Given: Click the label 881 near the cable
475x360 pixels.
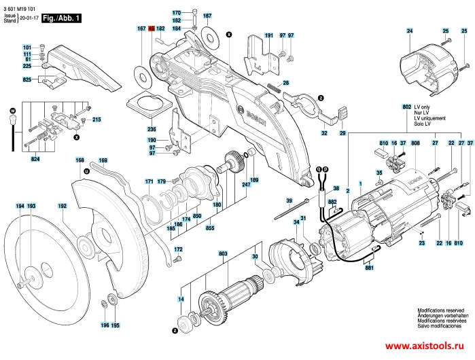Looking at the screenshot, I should tap(369, 268).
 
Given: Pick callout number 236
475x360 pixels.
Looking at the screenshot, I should tap(151, 129).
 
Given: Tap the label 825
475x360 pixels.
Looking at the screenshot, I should tap(27, 81).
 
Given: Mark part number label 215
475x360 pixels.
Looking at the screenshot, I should tap(96, 120).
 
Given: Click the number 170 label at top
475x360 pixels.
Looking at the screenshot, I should tap(176, 14).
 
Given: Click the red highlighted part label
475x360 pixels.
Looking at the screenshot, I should tap(152, 29).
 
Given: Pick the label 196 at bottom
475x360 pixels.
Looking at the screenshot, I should tap(105, 325).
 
